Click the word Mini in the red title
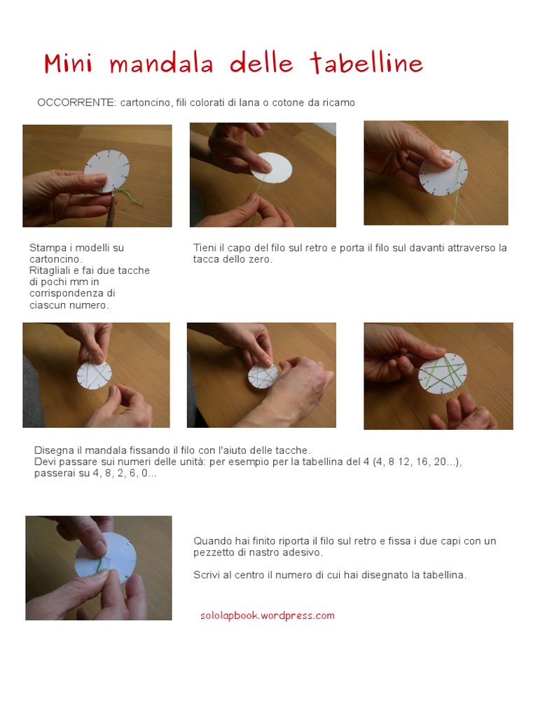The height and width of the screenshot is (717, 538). [68, 63]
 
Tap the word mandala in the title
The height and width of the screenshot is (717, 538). [162, 63]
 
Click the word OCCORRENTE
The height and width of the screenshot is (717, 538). [76, 102]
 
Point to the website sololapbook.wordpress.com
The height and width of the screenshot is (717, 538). [268, 615]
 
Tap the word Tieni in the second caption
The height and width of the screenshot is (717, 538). [205, 248]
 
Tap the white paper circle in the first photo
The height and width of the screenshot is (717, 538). [106, 170]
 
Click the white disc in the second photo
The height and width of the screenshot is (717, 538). [271, 168]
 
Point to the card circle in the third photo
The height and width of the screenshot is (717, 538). [443, 172]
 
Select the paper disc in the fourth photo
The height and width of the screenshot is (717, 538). [94, 375]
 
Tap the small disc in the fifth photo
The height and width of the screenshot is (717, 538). [263, 376]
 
